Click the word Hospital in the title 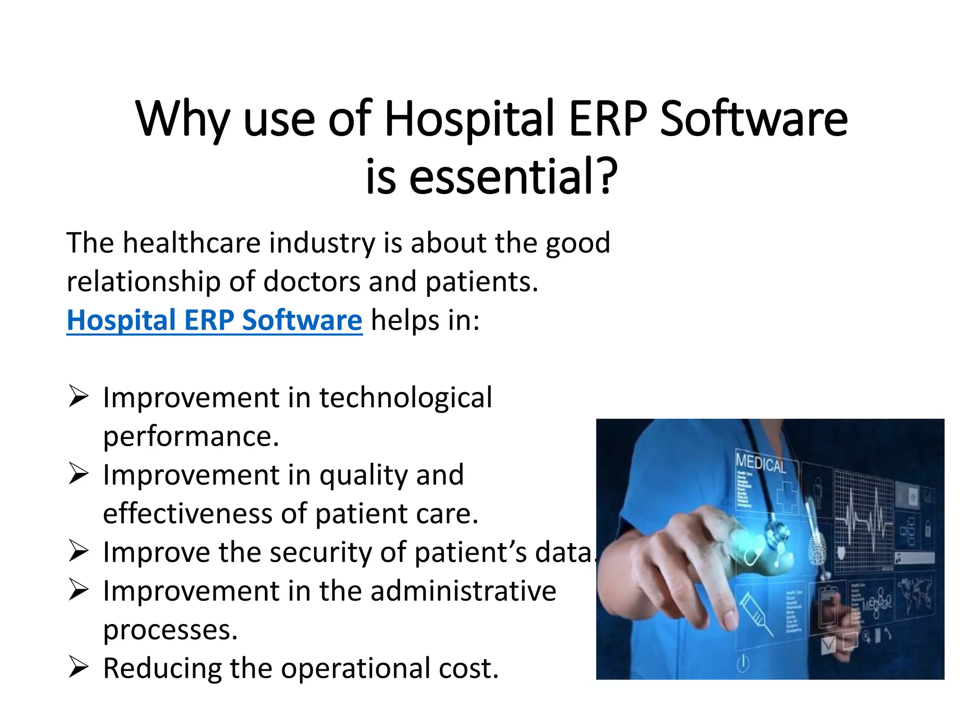(x=469, y=119)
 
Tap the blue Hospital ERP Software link (x=214, y=320)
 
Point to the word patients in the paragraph (x=481, y=282)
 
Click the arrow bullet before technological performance (x=78, y=396)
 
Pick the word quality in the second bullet (x=363, y=475)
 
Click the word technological (x=405, y=397)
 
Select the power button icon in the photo (x=743, y=663)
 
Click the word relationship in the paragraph (x=144, y=282)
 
